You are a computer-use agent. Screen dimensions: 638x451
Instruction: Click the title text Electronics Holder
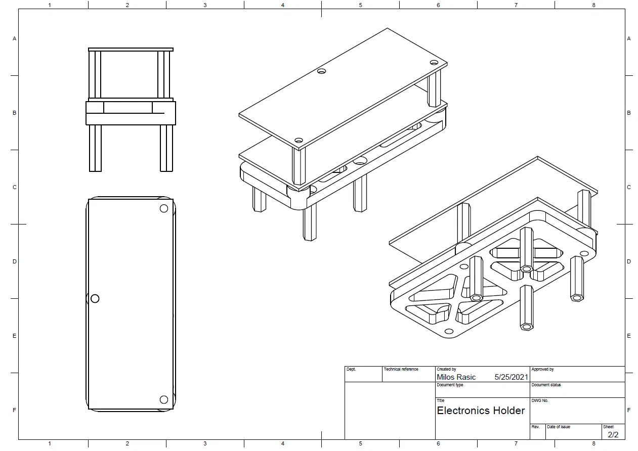tap(481, 411)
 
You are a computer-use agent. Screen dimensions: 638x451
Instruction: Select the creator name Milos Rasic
tap(456, 377)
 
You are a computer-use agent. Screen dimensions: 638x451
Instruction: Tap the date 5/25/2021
tap(511, 377)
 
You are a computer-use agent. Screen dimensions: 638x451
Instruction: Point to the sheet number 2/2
tap(613, 435)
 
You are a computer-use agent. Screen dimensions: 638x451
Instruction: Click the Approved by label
tap(542, 369)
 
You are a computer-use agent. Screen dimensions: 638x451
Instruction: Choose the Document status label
tap(546, 385)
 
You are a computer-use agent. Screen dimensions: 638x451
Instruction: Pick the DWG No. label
tap(540, 400)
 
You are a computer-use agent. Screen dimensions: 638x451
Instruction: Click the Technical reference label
tap(401, 369)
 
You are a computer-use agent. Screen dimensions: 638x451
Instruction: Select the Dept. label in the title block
tap(351, 369)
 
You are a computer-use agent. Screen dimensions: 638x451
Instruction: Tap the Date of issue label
tap(558, 427)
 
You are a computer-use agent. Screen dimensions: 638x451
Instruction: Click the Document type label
tap(450, 385)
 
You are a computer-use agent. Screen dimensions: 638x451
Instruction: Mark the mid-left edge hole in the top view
tap(95, 298)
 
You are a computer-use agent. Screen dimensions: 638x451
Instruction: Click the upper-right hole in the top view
tap(164, 209)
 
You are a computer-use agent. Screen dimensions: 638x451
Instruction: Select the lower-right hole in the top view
tap(164, 399)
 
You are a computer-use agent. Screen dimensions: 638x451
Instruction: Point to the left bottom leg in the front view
tap(96, 148)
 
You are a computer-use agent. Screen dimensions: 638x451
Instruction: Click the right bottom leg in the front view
tap(166, 148)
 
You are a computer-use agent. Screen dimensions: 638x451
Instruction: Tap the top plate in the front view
tap(131, 50)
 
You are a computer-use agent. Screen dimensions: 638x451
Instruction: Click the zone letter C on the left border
tap(15, 187)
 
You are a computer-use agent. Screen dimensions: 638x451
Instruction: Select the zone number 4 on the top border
tap(283, 5)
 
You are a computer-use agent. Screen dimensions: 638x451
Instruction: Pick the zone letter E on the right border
tap(628, 336)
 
